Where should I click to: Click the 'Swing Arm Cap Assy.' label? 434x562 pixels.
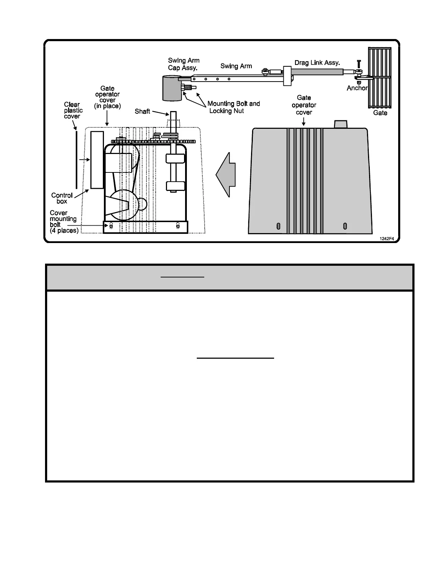[x=184, y=64]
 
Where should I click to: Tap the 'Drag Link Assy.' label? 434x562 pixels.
[x=317, y=63]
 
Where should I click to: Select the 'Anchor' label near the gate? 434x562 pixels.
[x=357, y=88]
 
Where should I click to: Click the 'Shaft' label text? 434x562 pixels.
[x=143, y=111]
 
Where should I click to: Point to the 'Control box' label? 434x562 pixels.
[x=62, y=198]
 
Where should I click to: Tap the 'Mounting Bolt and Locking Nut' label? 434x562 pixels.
[x=234, y=107]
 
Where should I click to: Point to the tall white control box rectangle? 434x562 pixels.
[x=97, y=160]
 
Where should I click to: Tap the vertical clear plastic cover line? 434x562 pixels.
[x=76, y=160]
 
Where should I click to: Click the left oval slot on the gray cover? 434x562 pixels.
[x=279, y=226]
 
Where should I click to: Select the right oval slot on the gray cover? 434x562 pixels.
[x=345, y=226]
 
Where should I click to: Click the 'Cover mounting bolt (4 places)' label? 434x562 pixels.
[x=63, y=222]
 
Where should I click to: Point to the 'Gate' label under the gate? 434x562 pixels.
[x=380, y=113]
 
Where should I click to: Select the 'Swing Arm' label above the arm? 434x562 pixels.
[x=236, y=66]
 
